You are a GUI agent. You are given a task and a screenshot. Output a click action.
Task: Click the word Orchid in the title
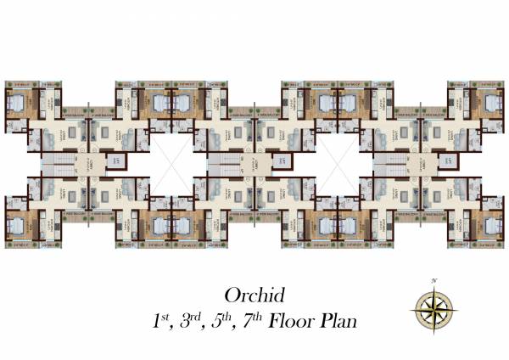254,295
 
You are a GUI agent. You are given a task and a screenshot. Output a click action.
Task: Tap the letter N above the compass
433,280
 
